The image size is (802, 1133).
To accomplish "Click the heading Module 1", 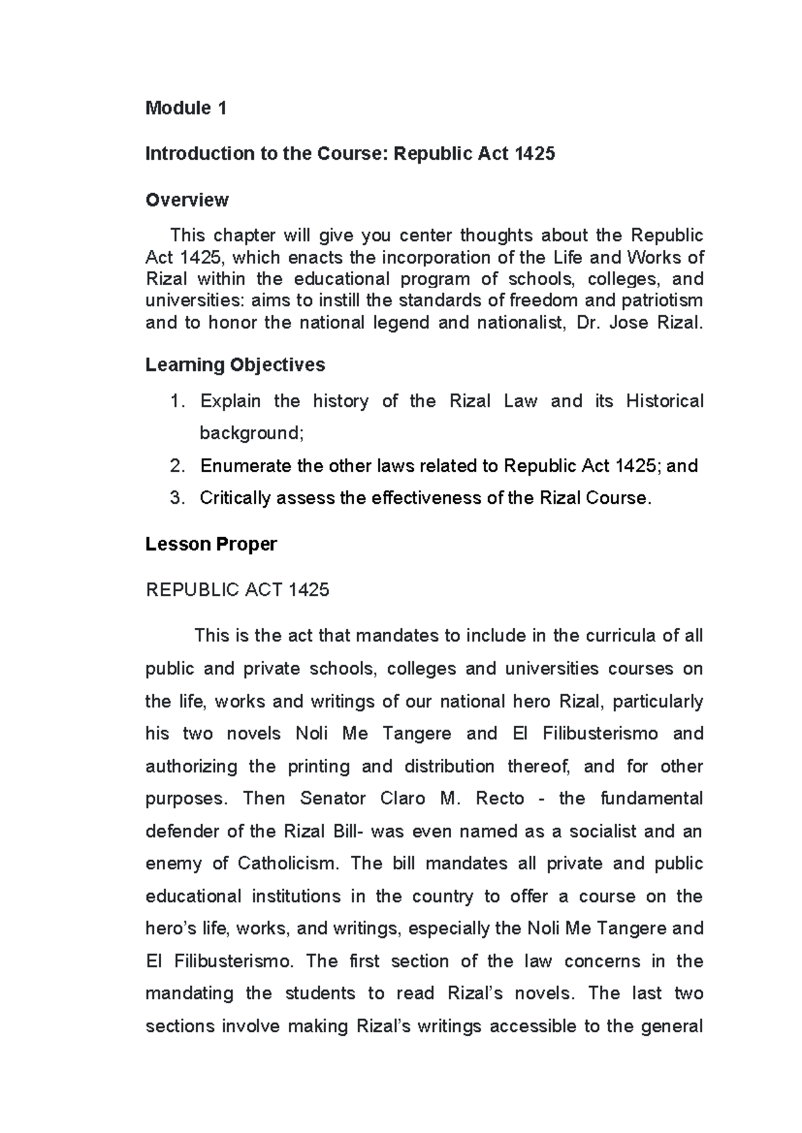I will pos(186,108).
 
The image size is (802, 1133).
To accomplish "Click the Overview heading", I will pos(187,200).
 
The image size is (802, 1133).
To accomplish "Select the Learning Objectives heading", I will pos(235,365).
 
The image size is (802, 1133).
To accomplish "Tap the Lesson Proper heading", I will pos(211,544).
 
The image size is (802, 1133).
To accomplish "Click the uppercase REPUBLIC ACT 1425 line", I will pos(237,590).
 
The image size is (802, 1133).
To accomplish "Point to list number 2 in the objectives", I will pos(176,466).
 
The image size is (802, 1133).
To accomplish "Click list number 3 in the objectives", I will pos(176,498).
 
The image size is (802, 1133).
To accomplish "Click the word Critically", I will pos(235,498).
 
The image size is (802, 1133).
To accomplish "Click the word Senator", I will pos(333,799).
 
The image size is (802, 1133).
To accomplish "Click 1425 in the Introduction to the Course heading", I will pos(535,154).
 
